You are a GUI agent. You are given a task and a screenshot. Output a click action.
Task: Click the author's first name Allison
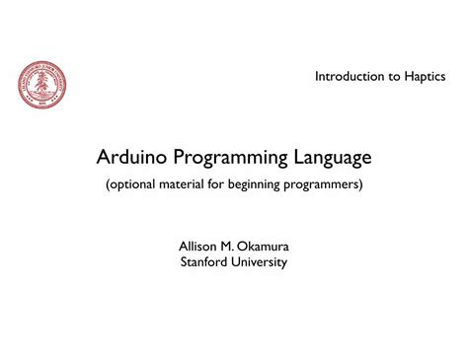(197, 245)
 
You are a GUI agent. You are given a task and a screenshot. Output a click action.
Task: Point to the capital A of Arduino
(104, 157)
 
